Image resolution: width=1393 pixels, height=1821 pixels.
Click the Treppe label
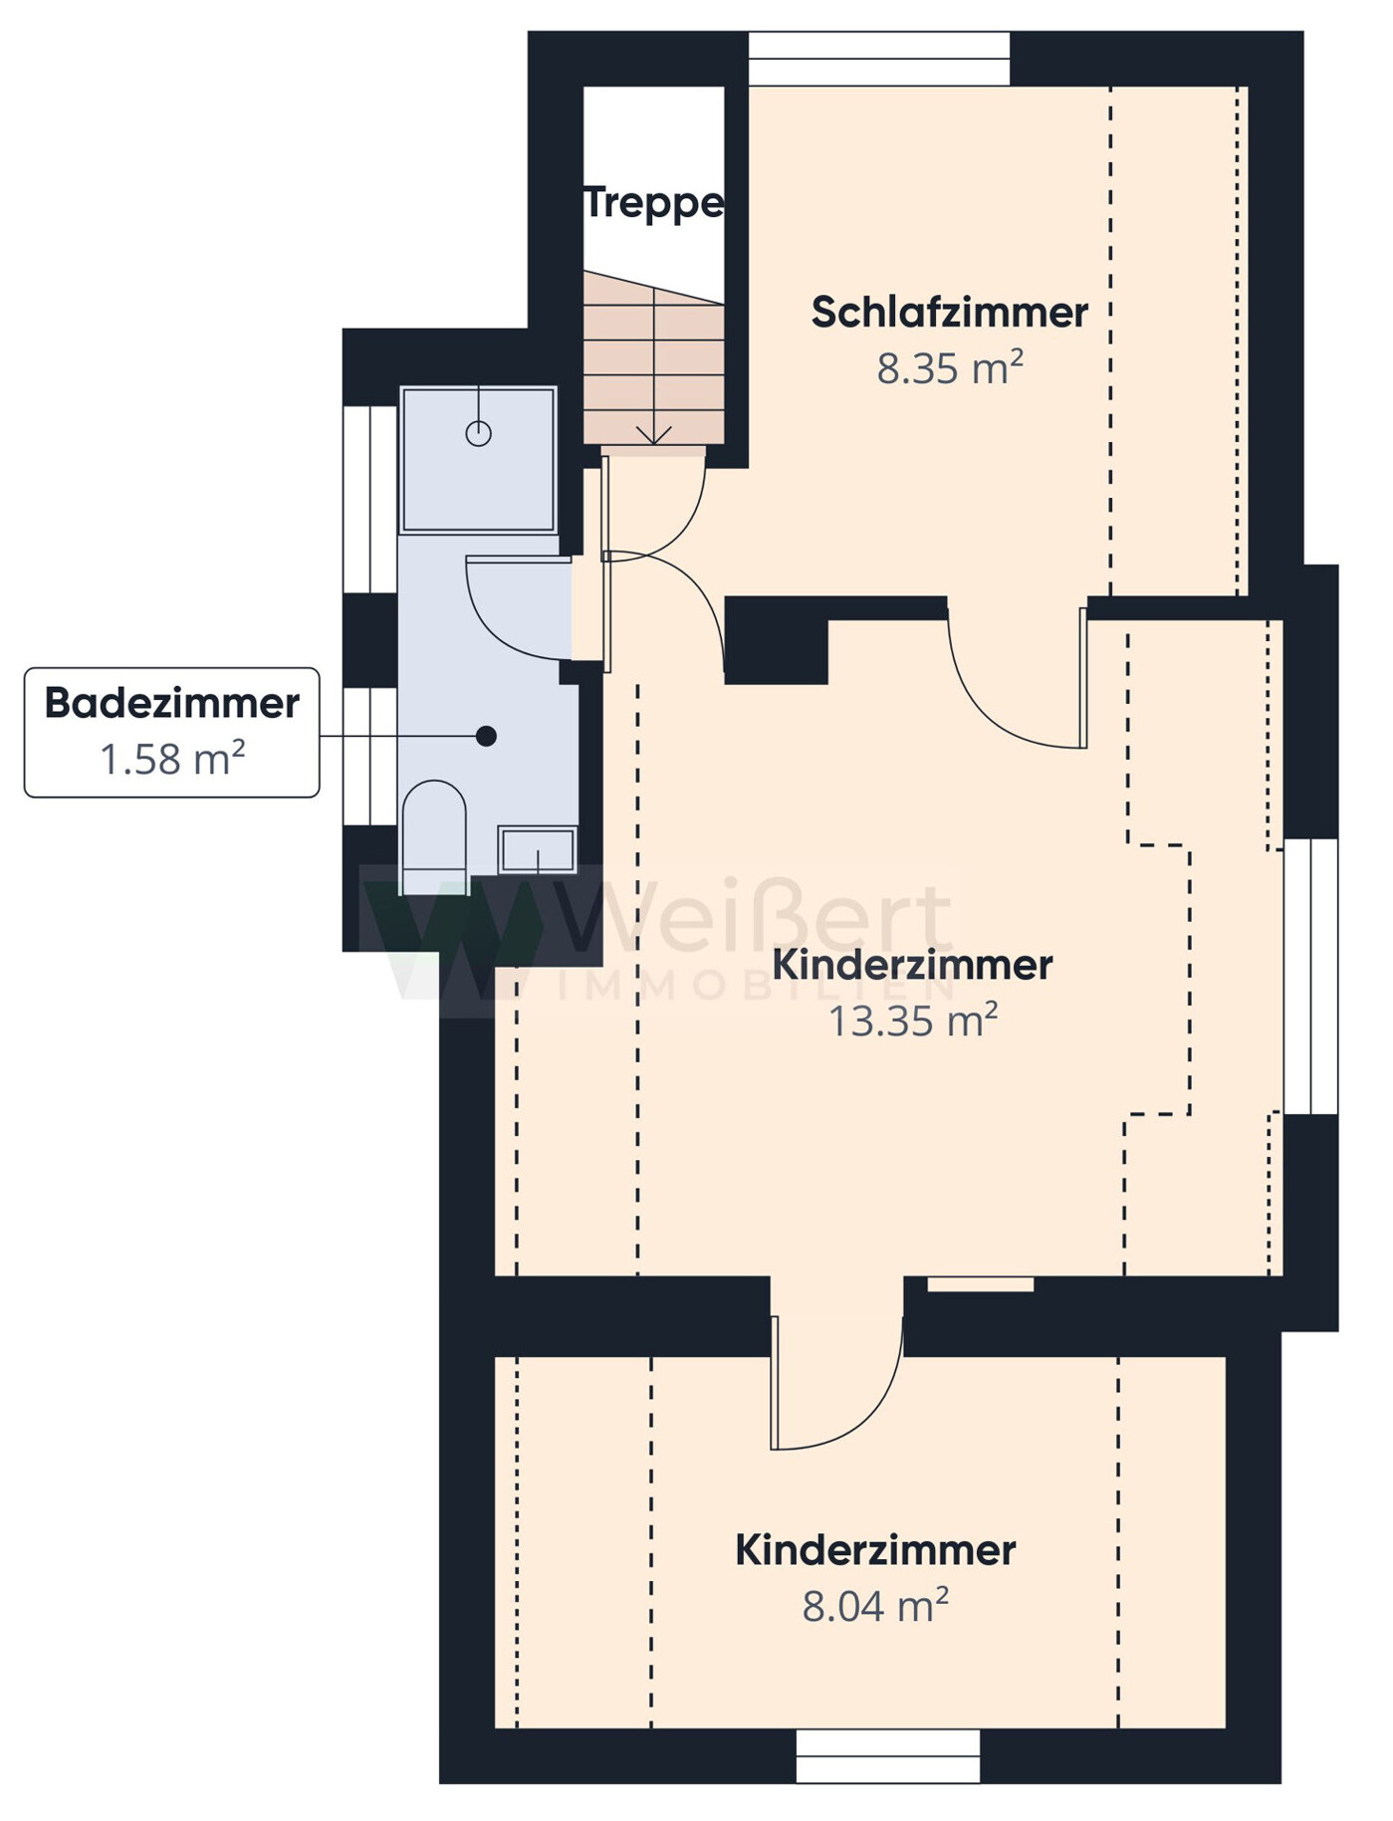coord(653,204)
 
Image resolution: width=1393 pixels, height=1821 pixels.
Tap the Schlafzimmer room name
coord(950,313)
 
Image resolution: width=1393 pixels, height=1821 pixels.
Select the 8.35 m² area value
coord(950,368)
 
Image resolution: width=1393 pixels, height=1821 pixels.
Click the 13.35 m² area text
coord(913,1021)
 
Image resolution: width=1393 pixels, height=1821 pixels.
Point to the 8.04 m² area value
coord(875,1606)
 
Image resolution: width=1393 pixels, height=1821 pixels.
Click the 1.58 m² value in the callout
coord(172,760)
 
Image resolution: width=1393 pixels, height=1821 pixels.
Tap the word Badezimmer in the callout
coord(172,703)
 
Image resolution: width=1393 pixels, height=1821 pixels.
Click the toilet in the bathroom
coord(433,836)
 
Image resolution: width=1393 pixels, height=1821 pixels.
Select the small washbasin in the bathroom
coord(538,849)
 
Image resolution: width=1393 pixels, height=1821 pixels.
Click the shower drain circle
coord(479,434)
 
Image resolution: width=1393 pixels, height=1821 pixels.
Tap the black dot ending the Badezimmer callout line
coord(486,737)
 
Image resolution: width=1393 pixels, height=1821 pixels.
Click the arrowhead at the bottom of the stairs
coord(653,435)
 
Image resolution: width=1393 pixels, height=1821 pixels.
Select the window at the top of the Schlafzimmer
coord(879,59)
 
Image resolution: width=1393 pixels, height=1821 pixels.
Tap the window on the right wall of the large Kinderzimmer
coord(1310,976)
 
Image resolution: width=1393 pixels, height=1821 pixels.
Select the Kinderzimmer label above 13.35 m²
coord(913,965)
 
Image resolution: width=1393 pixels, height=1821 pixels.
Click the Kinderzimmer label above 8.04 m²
coord(875,1550)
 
